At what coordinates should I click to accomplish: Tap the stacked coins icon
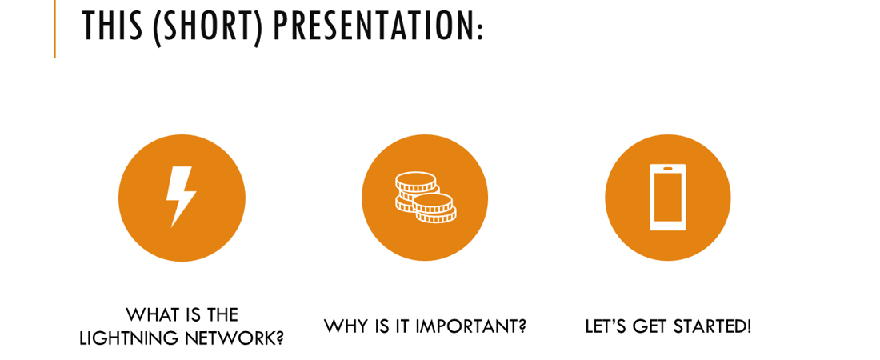[426, 198]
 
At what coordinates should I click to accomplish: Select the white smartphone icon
[668, 197]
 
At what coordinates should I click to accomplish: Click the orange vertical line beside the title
[55, 29]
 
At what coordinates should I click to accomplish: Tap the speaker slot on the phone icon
[668, 168]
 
